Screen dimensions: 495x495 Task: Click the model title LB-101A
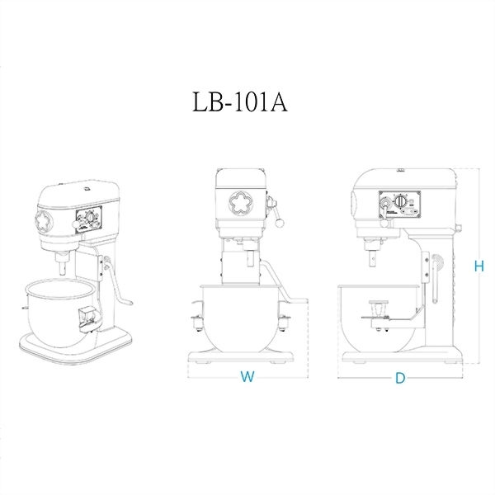click(x=238, y=105)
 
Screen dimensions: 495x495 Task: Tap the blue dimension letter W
click(x=246, y=377)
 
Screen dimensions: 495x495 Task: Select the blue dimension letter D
click(x=400, y=378)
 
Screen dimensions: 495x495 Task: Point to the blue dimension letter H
click(x=478, y=266)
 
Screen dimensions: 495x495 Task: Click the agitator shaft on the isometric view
click(x=64, y=266)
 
